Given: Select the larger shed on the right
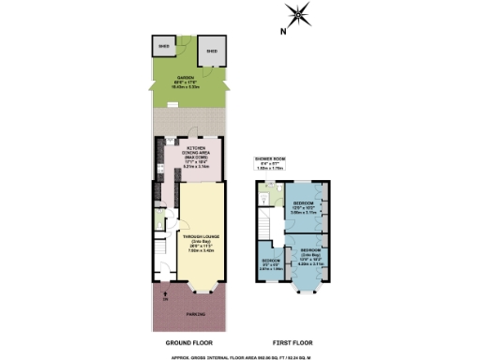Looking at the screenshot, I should tap(212, 52).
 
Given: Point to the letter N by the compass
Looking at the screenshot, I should tap(282, 31).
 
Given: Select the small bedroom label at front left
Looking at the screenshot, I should tap(270, 263).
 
